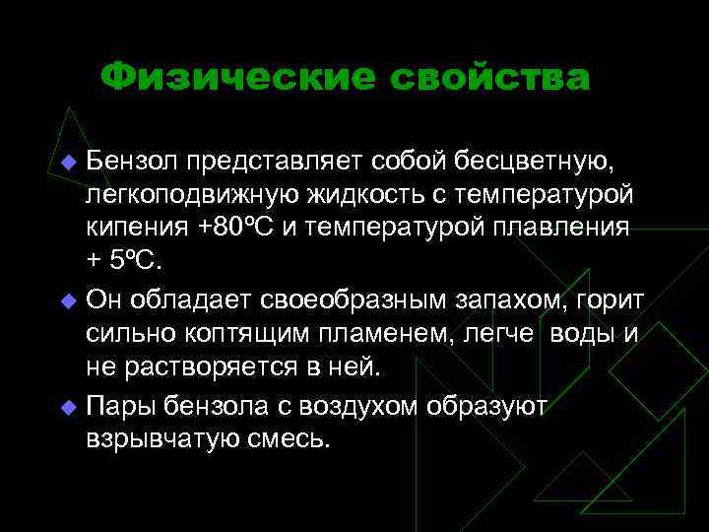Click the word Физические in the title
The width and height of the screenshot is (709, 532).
[237, 77]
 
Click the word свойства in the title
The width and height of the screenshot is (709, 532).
[488, 77]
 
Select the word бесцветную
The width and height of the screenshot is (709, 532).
[548, 159]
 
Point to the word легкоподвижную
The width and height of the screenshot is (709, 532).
[188, 194]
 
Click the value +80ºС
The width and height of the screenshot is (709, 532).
[241, 229]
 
